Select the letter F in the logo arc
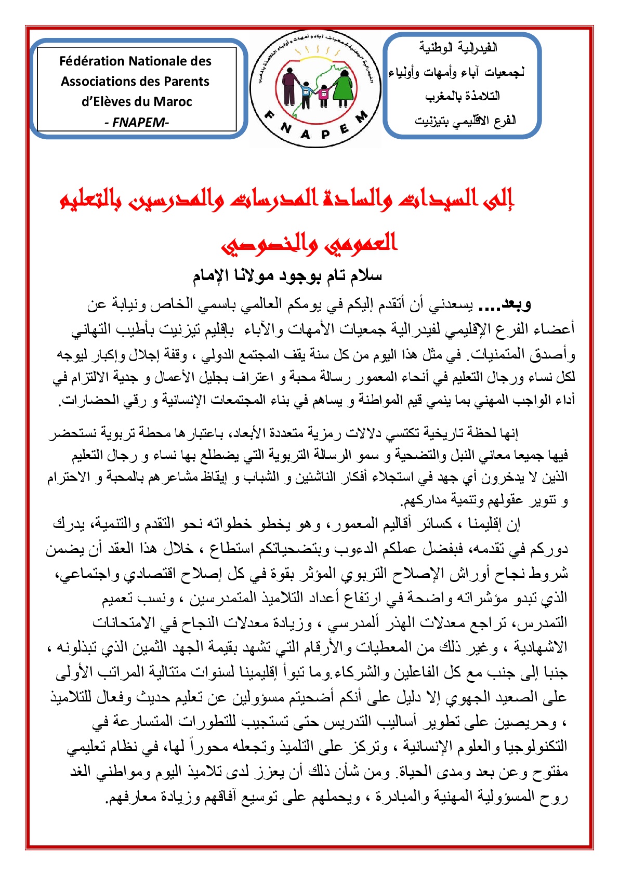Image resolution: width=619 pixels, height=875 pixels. (x=270, y=115)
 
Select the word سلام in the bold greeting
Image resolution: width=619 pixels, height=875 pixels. (x=366, y=275)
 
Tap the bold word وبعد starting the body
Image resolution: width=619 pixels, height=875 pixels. (x=514, y=303)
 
